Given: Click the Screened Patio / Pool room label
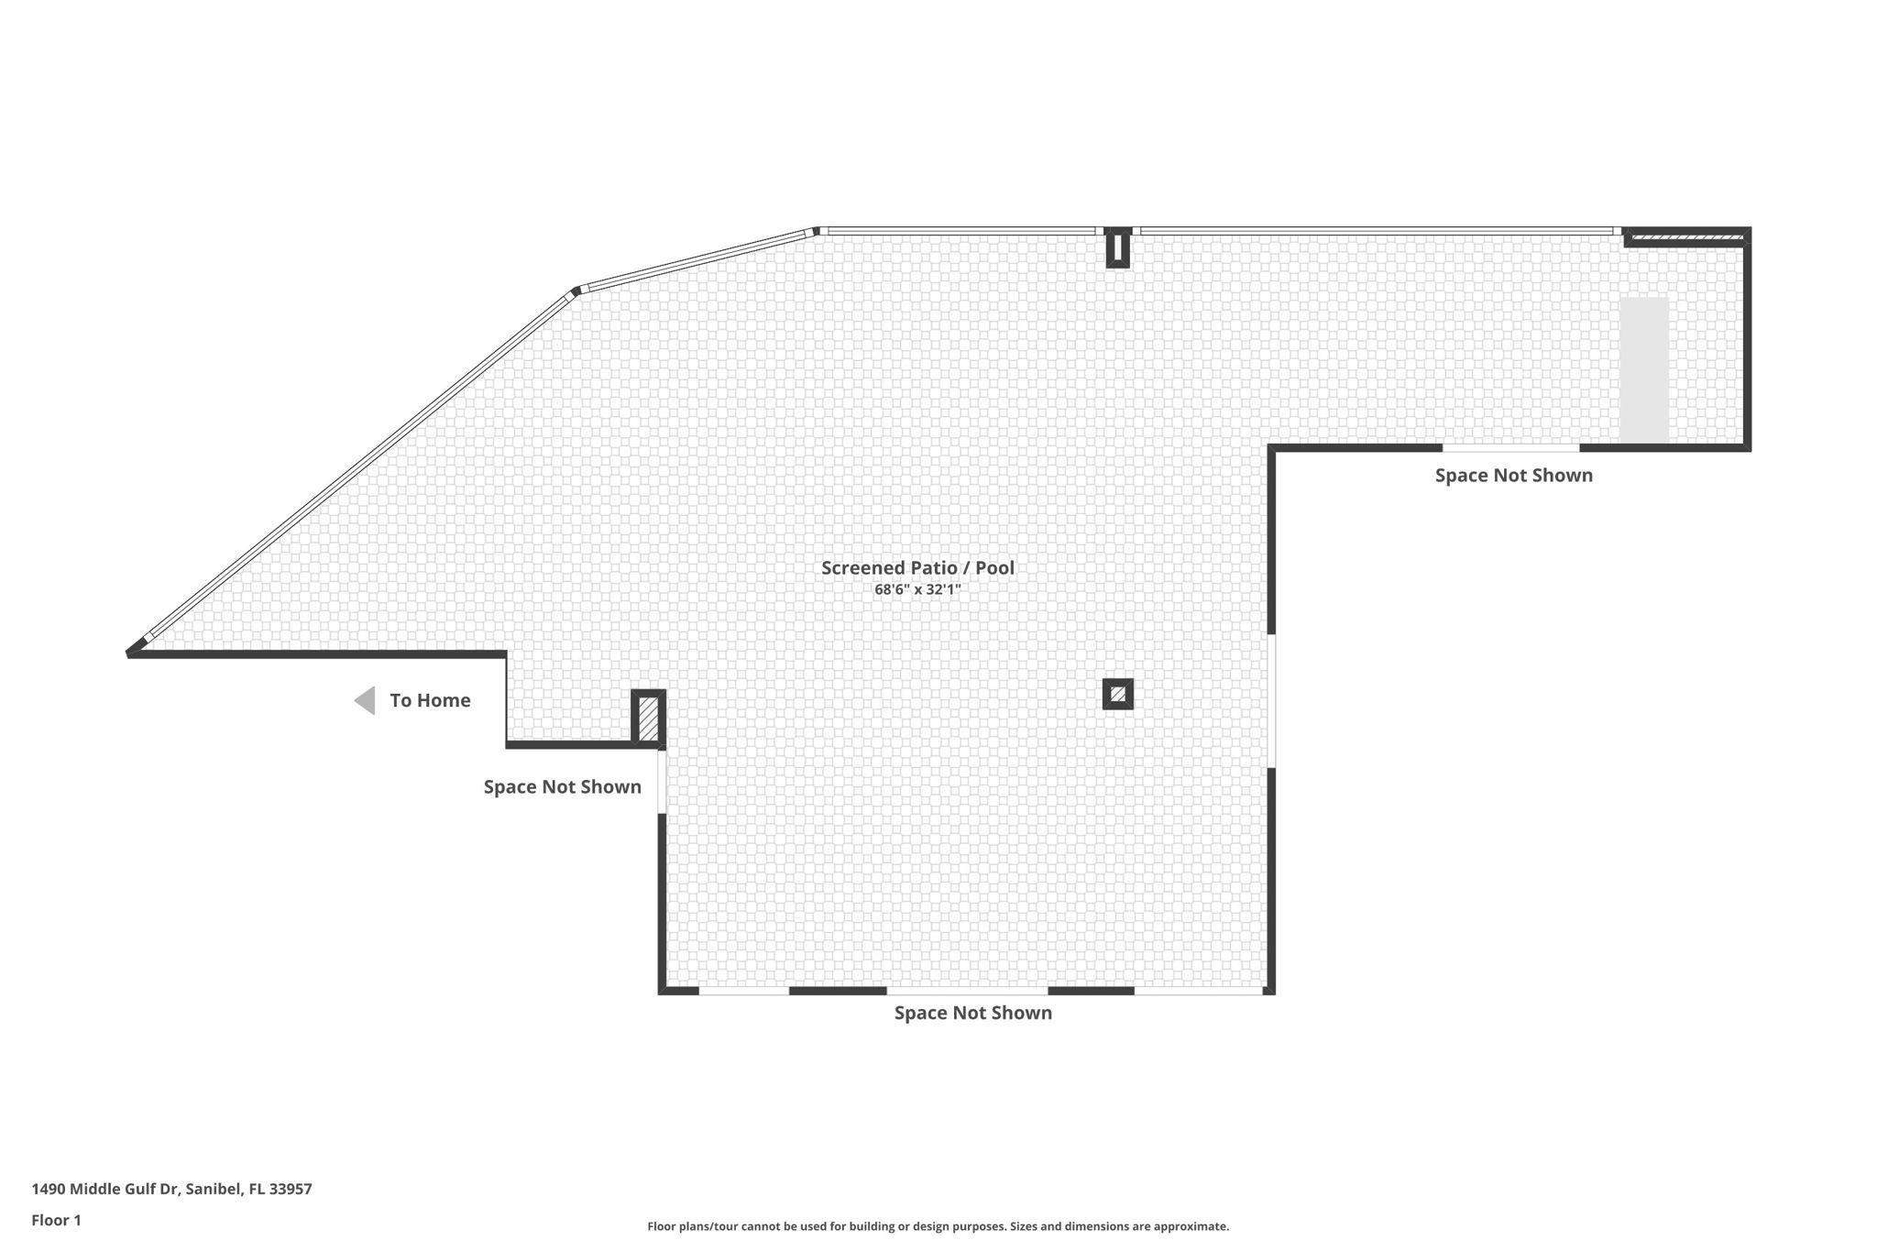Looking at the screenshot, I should (x=917, y=568).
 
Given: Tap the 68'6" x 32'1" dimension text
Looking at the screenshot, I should (x=917, y=590).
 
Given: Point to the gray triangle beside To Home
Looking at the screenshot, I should (x=365, y=701).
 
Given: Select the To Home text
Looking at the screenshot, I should (x=430, y=701).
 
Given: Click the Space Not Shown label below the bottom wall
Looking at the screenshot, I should (x=973, y=1014).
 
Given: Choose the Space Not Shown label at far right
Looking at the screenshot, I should (x=1513, y=476).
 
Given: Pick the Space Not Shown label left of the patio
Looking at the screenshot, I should (x=562, y=787).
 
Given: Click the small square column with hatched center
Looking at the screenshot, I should (x=1117, y=695).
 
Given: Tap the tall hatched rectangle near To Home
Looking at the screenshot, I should (x=648, y=719).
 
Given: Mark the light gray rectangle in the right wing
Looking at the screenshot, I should (x=1643, y=370).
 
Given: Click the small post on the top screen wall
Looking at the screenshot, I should (x=1117, y=247).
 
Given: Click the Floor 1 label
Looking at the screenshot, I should (x=56, y=1221).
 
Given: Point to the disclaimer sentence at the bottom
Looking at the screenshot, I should (x=938, y=1226).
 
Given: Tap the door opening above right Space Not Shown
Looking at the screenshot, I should (x=1510, y=448).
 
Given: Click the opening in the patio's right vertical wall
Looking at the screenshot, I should (x=1271, y=701).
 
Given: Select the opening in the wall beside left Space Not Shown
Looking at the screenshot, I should (x=662, y=781).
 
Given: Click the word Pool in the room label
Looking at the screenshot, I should (x=994, y=568).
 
